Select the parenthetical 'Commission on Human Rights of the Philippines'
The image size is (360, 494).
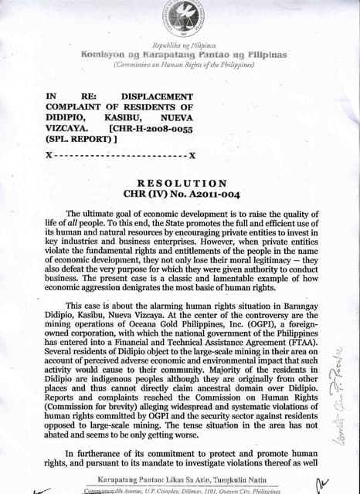tap(183, 66)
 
